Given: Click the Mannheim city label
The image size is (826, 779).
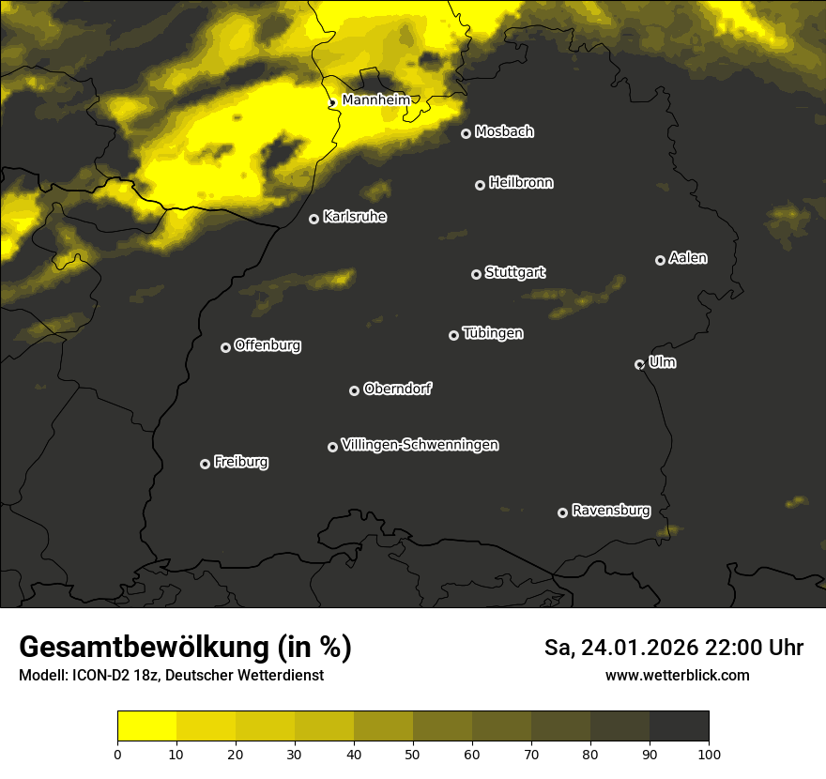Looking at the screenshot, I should click(x=375, y=99).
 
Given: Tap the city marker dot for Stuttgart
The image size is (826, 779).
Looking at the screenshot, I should click(x=476, y=274).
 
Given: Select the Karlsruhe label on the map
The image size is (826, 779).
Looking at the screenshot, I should click(x=354, y=217).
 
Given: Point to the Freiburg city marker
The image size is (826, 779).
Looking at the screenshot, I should click(x=205, y=464).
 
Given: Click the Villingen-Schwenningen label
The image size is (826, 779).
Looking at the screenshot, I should click(x=420, y=445).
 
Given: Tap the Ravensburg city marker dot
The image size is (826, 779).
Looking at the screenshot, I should click(x=562, y=512).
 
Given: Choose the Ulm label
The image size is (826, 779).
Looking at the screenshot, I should click(x=662, y=362).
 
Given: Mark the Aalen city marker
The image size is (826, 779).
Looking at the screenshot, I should click(x=660, y=260).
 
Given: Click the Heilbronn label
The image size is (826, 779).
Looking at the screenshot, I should click(x=521, y=183).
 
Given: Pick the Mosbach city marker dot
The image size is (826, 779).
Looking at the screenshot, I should click(x=466, y=133).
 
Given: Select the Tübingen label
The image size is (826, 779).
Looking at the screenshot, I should click(x=493, y=333).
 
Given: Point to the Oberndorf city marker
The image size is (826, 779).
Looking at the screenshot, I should click(x=354, y=390).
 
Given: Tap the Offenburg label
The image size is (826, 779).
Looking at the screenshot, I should click(x=268, y=345).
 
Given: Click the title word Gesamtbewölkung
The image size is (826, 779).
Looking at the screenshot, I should click(x=143, y=648).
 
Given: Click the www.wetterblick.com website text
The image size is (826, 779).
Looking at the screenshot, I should click(x=677, y=675).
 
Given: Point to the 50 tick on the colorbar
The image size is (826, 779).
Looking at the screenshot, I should click(x=413, y=753).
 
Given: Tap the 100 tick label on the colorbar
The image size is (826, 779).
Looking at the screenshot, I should click(x=709, y=753).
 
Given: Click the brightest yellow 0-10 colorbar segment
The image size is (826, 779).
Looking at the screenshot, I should click(x=147, y=726).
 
